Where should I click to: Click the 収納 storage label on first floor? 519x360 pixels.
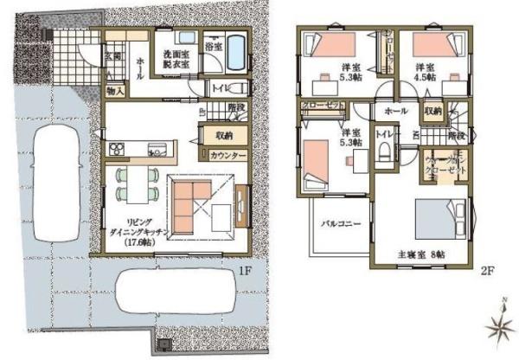(224, 135)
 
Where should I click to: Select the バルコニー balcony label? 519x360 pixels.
(342, 222)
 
